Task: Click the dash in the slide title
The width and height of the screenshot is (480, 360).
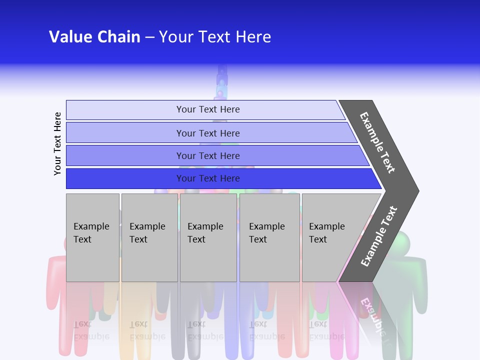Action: pyautogui.click(x=149, y=37)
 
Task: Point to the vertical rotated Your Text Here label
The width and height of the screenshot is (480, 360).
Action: pyautogui.click(x=57, y=143)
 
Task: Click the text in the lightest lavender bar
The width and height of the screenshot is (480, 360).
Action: pyautogui.click(x=208, y=109)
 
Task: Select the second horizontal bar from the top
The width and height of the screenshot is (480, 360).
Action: pyautogui.click(x=208, y=133)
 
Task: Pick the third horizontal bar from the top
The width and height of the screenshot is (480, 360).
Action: pyautogui.click(x=208, y=155)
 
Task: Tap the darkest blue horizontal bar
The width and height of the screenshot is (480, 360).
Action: pyautogui.click(x=208, y=178)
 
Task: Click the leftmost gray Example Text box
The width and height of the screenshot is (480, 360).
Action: pyautogui.click(x=92, y=237)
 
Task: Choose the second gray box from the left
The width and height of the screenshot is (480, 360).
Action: pyautogui.click(x=149, y=237)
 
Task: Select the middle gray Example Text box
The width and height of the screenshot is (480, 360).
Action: pyautogui.click(x=208, y=237)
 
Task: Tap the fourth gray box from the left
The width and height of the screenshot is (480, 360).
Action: pyautogui.click(x=269, y=237)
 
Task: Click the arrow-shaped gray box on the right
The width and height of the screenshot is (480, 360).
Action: pyautogui.click(x=332, y=237)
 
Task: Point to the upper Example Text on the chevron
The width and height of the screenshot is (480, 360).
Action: pyautogui.click(x=377, y=142)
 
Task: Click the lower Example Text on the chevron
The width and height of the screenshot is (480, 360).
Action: pyautogui.click(x=379, y=236)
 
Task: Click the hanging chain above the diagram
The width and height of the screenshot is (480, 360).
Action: pyautogui.click(x=222, y=82)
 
